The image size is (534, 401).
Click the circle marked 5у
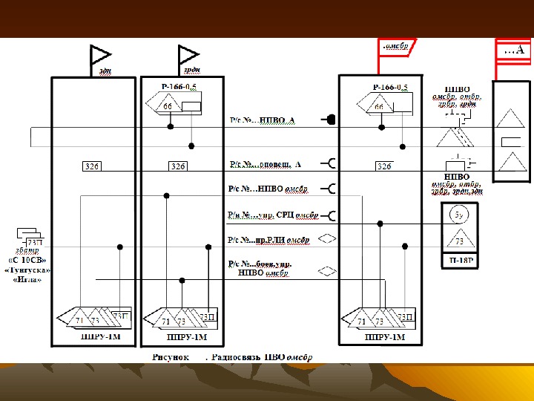460,215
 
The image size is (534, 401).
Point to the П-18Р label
461,261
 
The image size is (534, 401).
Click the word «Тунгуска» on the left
28,270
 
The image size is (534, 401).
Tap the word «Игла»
28,279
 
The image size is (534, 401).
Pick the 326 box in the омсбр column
383,166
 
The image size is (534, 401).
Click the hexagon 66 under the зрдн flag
168,107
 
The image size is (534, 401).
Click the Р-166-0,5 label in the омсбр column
389,88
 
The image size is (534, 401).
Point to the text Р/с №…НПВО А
262,120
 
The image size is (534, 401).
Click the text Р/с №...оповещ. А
265,164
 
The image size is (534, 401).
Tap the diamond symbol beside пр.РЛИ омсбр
327,239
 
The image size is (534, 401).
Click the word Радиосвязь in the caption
237,356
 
